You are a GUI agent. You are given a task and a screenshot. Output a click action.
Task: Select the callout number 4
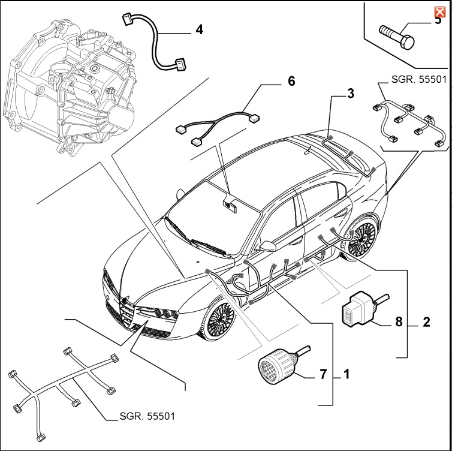198,28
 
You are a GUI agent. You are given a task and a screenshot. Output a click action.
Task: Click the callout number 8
397,321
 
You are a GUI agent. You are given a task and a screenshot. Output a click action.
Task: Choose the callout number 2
426,322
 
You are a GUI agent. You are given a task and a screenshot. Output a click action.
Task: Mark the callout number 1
346,375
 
